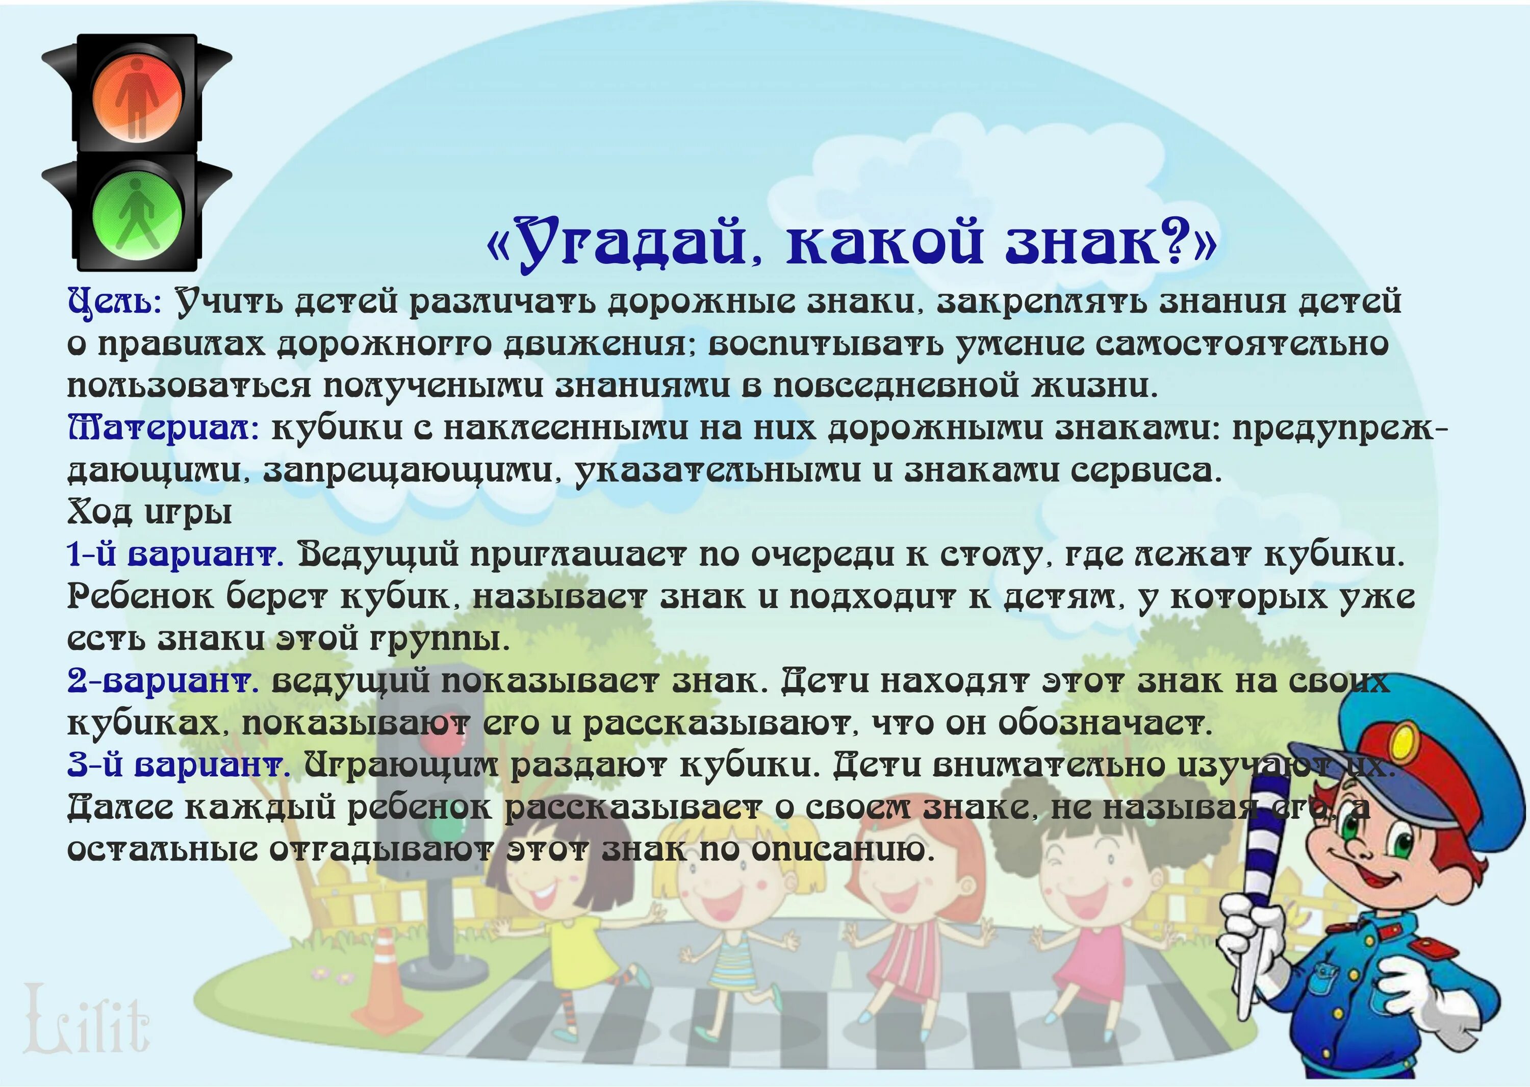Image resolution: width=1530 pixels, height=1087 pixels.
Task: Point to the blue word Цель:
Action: [x=114, y=302]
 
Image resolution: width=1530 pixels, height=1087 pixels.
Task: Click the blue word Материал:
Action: [x=163, y=428]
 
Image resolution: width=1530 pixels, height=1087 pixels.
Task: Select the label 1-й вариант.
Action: [x=175, y=555]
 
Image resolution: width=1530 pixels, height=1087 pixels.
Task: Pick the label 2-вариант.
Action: [x=163, y=681]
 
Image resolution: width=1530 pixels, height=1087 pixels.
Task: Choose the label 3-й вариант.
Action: [x=178, y=765]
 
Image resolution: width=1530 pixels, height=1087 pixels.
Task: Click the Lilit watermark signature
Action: [x=87, y=1021]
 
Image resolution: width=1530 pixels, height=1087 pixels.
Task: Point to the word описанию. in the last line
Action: [x=841, y=850]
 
